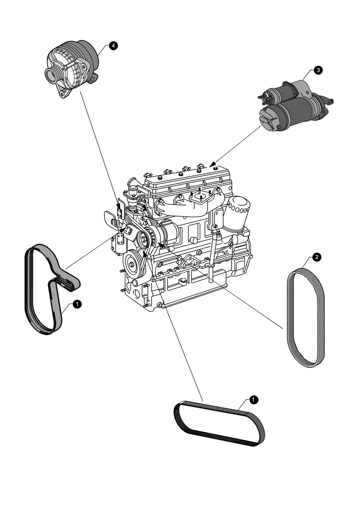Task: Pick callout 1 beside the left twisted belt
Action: (77, 304)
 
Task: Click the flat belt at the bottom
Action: (219, 423)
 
